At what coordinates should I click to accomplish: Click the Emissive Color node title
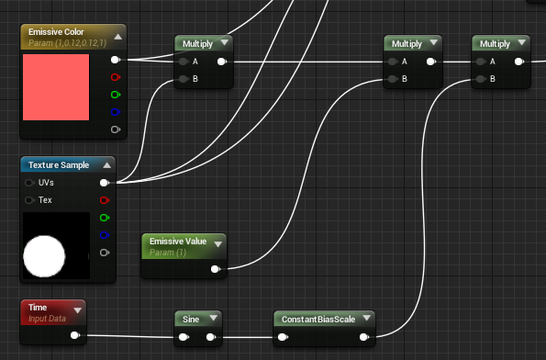coord(56,32)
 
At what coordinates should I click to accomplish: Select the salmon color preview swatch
coord(56,87)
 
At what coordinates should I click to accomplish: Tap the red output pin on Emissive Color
coord(115,77)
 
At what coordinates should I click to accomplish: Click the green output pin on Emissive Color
coord(115,95)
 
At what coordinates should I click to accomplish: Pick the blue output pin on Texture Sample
coord(104,235)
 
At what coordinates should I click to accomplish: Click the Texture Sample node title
coord(59,164)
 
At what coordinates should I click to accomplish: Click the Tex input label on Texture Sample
coord(45,200)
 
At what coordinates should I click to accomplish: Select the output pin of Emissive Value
coord(215,269)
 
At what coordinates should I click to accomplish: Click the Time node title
coord(38,309)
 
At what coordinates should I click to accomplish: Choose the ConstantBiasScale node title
coord(317,319)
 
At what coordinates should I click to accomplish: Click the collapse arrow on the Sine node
coord(213,319)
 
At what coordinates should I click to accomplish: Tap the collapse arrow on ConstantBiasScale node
coord(366,319)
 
